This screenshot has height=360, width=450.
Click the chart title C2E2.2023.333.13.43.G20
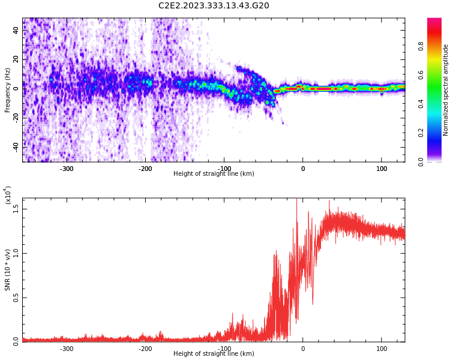[x=214, y=6]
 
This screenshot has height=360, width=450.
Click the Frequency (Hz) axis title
[x=8, y=90]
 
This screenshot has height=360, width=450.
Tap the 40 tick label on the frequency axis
[x=16, y=31]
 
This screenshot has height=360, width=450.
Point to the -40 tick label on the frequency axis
[x=16, y=146]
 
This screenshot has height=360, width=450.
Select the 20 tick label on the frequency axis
[x=16, y=59]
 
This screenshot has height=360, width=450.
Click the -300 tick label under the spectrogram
[x=66, y=169]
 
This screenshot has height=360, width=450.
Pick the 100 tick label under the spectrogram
[x=382, y=169]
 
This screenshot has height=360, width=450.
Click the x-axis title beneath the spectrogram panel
[x=214, y=174]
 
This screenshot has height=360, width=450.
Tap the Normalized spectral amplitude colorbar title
[x=446, y=90]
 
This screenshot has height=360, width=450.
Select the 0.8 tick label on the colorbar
[x=437, y=46]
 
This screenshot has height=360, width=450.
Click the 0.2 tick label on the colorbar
[x=437, y=133]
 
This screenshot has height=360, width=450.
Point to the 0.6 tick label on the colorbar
[x=437, y=74]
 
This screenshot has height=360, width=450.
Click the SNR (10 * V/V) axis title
[x=8, y=270]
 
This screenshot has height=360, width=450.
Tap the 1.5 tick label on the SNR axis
[x=16, y=209]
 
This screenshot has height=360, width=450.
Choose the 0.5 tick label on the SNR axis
[x=16, y=298]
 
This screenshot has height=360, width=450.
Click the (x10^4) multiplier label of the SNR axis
[x=8, y=196]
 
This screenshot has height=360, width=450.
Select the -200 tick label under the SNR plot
[x=145, y=349]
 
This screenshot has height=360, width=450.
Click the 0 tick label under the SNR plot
[x=303, y=349]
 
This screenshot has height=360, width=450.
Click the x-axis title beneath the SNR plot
[x=214, y=354]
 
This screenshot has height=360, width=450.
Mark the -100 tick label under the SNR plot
[x=224, y=349]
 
